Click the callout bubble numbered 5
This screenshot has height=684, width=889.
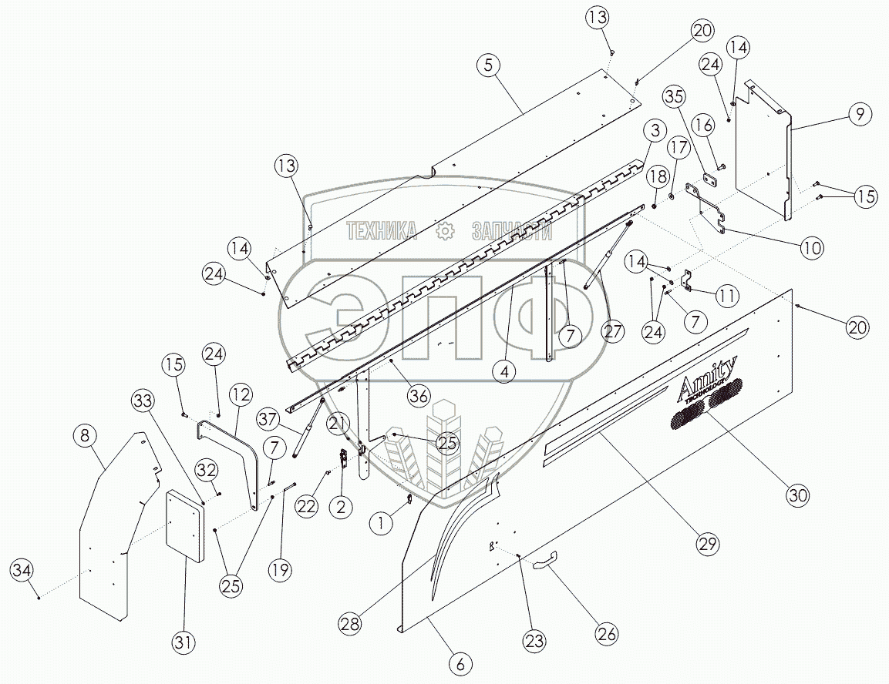(x=487, y=66)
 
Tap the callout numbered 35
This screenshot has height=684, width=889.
(x=674, y=97)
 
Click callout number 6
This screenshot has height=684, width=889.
(x=460, y=663)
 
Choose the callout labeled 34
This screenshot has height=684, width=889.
(x=22, y=571)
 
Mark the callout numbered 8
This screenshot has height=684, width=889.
(x=86, y=436)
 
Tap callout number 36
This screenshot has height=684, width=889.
(x=419, y=395)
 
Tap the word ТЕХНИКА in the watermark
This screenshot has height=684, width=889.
(x=382, y=231)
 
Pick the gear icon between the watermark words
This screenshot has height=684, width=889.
(x=444, y=231)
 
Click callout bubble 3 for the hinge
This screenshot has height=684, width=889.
(x=655, y=129)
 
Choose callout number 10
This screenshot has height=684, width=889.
(x=811, y=248)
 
